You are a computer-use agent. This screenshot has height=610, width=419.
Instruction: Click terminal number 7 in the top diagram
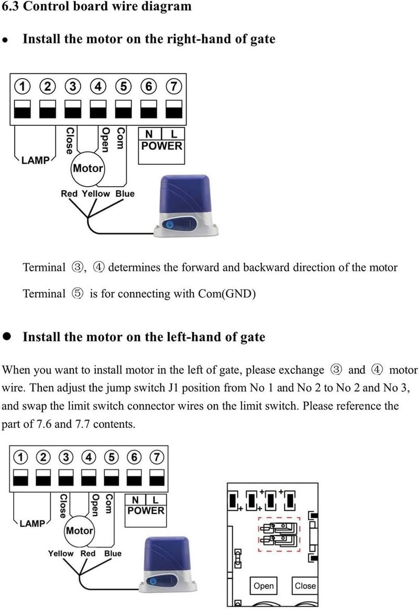tap(173, 86)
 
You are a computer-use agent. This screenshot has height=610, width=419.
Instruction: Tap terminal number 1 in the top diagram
tap(22, 86)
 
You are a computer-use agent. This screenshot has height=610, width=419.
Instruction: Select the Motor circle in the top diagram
tap(88, 168)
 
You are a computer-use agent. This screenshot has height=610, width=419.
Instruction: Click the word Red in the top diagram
tap(69, 194)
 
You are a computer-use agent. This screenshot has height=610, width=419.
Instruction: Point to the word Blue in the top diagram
tap(125, 194)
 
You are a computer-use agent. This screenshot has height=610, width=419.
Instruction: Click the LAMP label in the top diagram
tap(35, 160)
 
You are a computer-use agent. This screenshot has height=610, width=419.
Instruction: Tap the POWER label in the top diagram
tap(161, 146)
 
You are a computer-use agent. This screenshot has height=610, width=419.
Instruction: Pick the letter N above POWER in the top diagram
tap(149, 134)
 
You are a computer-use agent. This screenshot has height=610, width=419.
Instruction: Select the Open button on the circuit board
tap(263, 585)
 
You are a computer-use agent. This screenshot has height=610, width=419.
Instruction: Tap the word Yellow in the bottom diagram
tap(61, 553)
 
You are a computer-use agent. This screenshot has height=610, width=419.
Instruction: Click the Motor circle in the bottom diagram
tap(79, 531)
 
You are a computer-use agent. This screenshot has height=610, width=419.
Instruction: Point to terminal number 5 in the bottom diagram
tap(112, 457)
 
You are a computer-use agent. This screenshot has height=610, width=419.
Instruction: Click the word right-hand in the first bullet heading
tap(199, 39)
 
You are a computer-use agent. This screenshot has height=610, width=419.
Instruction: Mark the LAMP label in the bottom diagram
tap(32, 523)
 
